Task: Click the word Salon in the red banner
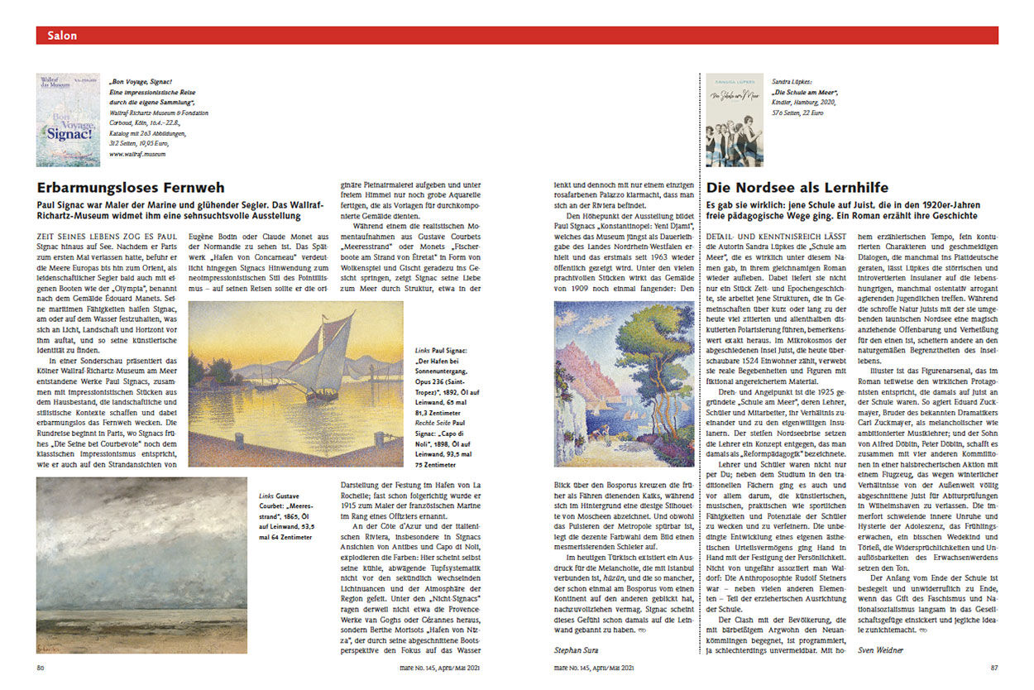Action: pyautogui.click(x=62, y=36)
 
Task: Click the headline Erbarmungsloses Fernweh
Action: pyautogui.click(x=131, y=189)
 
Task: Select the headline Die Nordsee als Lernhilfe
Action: pyautogui.click(x=797, y=189)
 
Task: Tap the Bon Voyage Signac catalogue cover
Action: pyautogui.click(x=68, y=120)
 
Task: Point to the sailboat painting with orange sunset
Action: pyautogui.click(x=296, y=384)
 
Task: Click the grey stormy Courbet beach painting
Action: pyautogui.click(x=141, y=566)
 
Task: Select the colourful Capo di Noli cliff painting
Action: pyautogui.click(x=624, y=384)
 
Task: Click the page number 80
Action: pyautogui.click(x=40, y=668)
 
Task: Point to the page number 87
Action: pyautogui.click(x=993, y=668)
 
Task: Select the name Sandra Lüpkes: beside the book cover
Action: pyautogui.click(x=792, y=83)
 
